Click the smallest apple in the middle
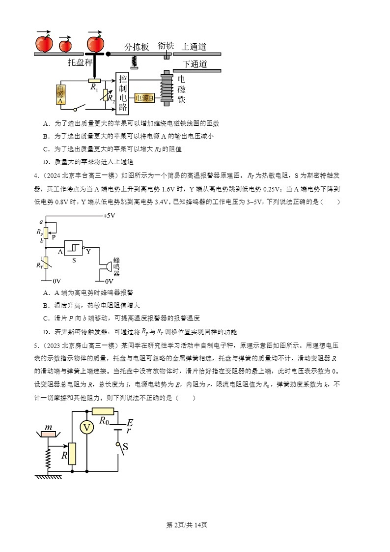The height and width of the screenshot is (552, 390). (x=65, y=46)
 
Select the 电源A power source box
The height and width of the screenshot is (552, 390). (x=61, y=94)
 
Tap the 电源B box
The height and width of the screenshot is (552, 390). (x=144, y=98)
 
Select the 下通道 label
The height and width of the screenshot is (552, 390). (x=195, y=64)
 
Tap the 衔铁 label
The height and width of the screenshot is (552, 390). (x=166, y=46)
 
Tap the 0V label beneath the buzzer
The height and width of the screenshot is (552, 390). (x=109, y=281)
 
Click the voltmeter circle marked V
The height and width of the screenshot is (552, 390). (x=87, y=428)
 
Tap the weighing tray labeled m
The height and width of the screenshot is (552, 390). (x=49, y=434)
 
